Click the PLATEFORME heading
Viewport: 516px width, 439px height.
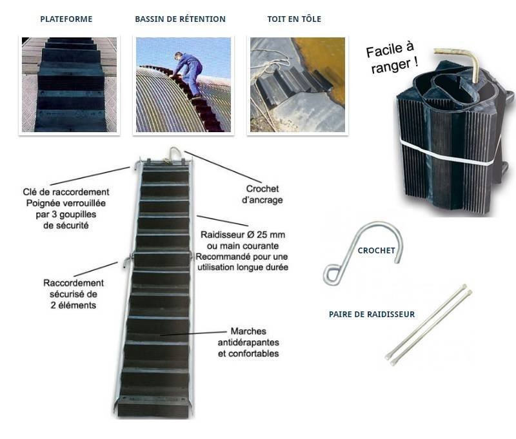[x=66, y=19]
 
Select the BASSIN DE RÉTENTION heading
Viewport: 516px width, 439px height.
[x=180, y=19]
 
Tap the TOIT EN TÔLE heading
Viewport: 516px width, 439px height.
[x=294, y=19]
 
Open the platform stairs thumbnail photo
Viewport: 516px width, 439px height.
[x=69, y=84]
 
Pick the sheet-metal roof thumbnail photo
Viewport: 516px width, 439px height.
[x=297, y=84]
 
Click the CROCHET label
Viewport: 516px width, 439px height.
[x=376, y=251]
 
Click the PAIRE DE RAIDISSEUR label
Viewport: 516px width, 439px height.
[x=372, y=315]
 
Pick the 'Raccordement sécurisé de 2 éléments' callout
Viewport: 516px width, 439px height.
[x=74, y=293]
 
